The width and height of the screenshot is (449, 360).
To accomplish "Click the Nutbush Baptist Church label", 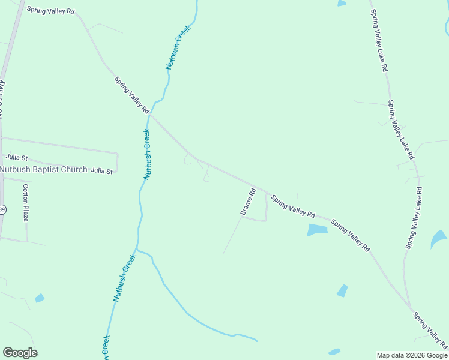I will click(43, 170).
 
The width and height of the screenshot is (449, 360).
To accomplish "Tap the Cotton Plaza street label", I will click(26, 202).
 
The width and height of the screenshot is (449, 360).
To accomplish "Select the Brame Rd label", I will click(248, 202).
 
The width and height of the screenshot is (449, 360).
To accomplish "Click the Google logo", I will click(20, 353).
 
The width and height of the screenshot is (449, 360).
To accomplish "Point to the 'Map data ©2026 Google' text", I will click(412, 355).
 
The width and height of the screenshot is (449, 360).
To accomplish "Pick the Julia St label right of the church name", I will click(101, 171).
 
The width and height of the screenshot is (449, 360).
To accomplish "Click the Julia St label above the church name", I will click(17, 157).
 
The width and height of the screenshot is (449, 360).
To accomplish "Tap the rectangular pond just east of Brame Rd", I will click(318, 229).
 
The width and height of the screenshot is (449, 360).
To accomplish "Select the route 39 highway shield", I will click(2, 209).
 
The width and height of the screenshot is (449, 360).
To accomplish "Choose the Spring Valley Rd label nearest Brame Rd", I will click(292, 206).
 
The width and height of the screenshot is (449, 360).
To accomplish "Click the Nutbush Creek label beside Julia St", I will click(147, 154).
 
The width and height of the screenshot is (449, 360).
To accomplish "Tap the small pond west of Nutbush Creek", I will click(40, 298).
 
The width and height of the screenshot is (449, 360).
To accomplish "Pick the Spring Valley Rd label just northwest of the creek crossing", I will click(131, 95).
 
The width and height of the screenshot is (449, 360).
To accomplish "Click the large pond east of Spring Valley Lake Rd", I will click(438, 239).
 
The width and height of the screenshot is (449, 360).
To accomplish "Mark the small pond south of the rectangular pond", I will click(342, 290).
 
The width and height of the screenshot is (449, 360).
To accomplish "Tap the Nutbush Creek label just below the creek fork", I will click(124, 277).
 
